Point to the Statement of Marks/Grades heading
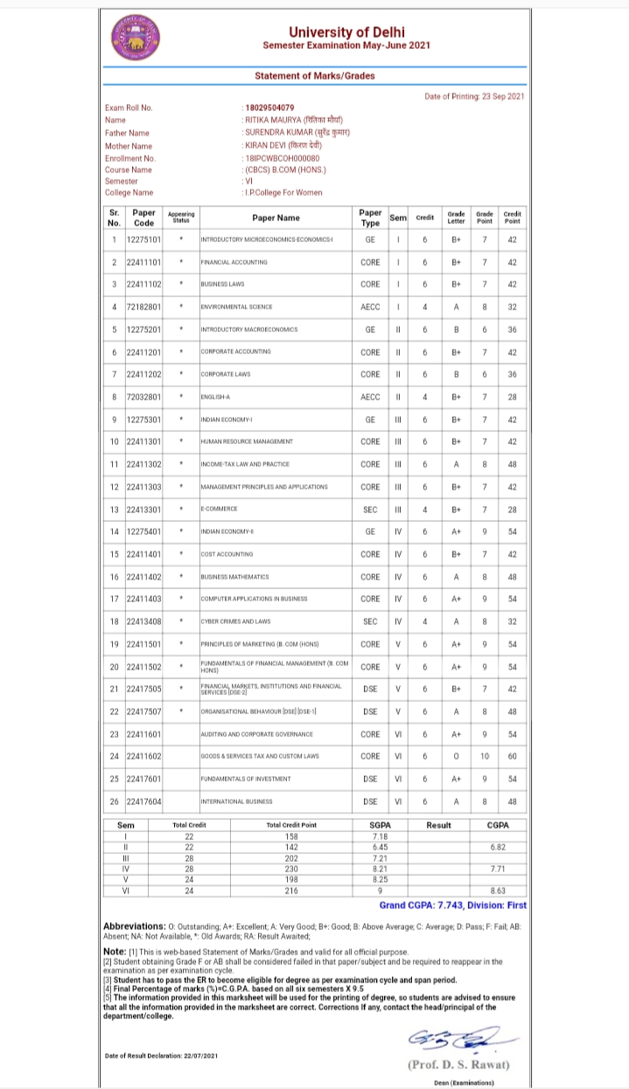[314, 76]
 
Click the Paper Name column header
[276, 218]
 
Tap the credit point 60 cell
[513, 756]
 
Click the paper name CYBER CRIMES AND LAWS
[236, 621]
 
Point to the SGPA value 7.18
[379, 837]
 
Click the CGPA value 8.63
[498, 890]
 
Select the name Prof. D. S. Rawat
[458, 1064]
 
